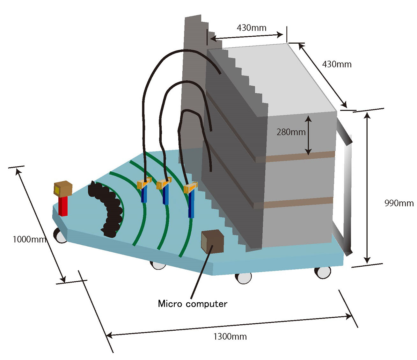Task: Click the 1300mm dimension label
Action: pos(230,337)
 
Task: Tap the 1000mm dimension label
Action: pos(30,240)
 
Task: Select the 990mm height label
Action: pos(399,203)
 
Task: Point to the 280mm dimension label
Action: pos(291,132)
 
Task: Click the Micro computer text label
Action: pos(193,304)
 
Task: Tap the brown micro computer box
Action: pos(213,241)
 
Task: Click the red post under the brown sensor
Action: pos(63,206)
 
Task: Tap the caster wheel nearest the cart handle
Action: pos(323,272)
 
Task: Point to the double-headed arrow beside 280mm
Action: pos(308,135)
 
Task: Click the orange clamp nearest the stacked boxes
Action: pos(190,187)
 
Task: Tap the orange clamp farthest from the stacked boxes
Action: pos(144,183)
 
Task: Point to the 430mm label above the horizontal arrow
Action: pos(251,28)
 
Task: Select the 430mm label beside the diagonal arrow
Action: pos(337,64)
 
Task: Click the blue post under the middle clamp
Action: pos(166,195)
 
